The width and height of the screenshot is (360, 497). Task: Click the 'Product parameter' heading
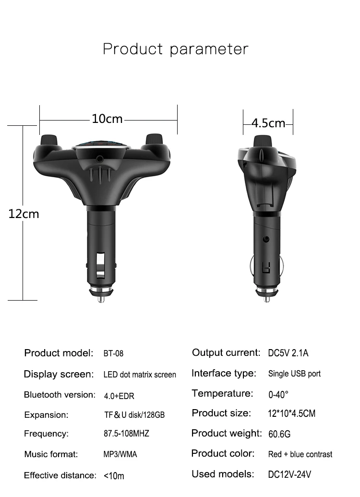[x=176, y=49]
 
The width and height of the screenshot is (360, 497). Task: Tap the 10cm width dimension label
[x=107, y=119]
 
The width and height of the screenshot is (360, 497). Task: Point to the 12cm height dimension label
[x=24, y=214]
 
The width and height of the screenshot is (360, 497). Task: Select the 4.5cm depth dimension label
[x=268, y=123]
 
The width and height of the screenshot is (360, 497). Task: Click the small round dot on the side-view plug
[x=266, y=239]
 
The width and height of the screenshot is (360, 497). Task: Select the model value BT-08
[x=113, y=353]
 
